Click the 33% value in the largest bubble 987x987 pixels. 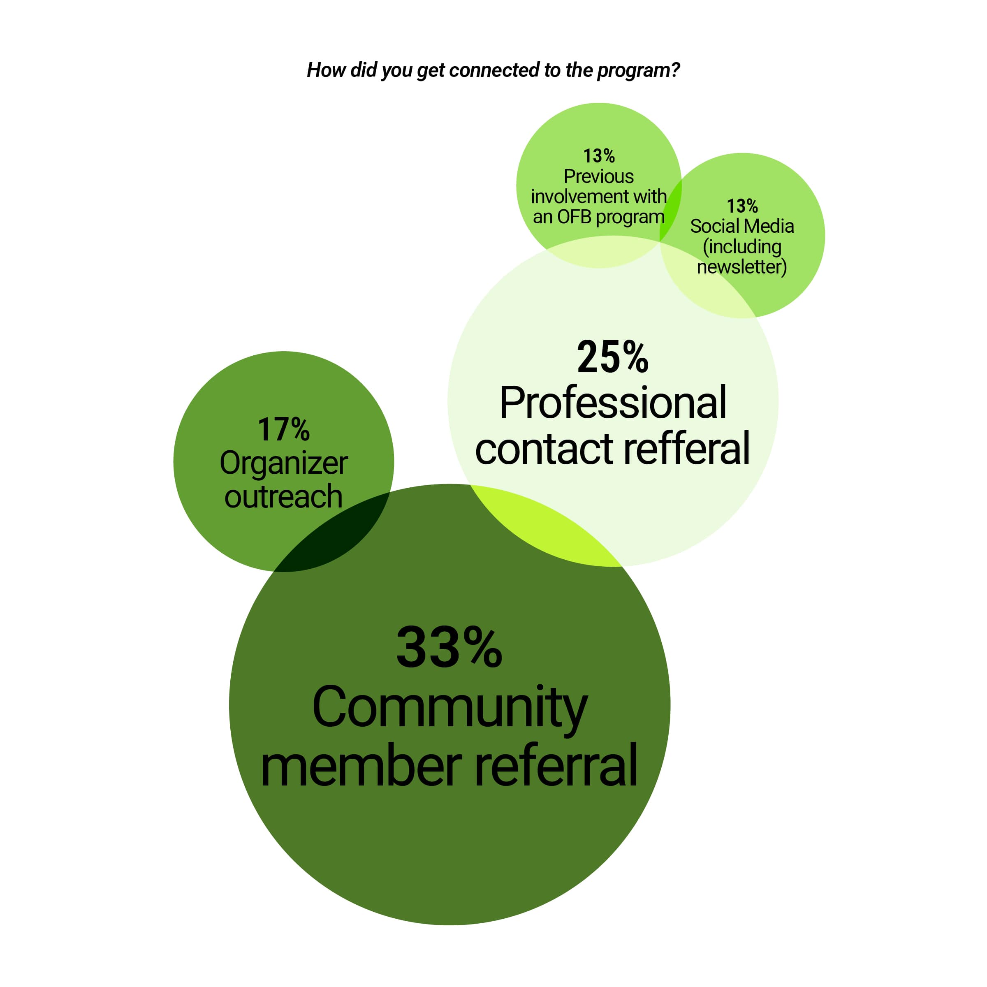click(x=449, y=647)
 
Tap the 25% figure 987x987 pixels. click(x=612, y=357)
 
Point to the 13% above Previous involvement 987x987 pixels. click(x=599, y=156)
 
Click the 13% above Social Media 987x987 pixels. click(x=742, y=206)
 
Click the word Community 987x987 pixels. click(x=449, y=709)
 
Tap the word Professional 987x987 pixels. click(x=612, y=403)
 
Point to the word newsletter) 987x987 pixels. click(x=742, y=266)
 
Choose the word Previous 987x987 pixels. click(x=599, y=176)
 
